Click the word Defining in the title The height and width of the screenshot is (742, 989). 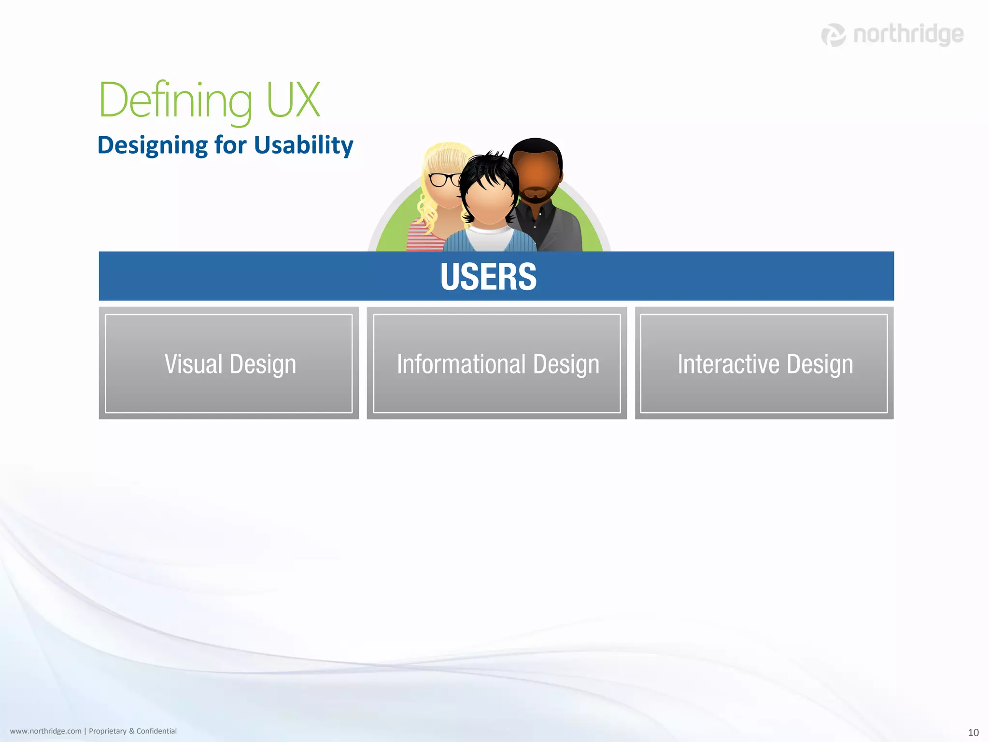point(175,100)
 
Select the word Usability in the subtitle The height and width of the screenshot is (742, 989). point(304,145)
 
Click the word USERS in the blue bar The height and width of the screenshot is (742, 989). point(488,277)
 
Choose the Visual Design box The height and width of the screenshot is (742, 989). point(229,363)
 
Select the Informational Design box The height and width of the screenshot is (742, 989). point(497,363)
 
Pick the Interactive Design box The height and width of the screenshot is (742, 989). point(764,363)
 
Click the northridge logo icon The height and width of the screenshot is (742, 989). point(834,35)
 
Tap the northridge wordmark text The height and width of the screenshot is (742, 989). point(908,34)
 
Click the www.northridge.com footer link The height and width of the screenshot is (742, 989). point(46,731)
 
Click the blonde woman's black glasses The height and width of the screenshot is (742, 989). point(444,180)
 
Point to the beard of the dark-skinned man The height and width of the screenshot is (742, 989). point(535,196)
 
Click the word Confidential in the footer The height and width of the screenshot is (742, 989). point(156,731)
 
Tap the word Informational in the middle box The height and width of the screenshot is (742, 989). point(461,364)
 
